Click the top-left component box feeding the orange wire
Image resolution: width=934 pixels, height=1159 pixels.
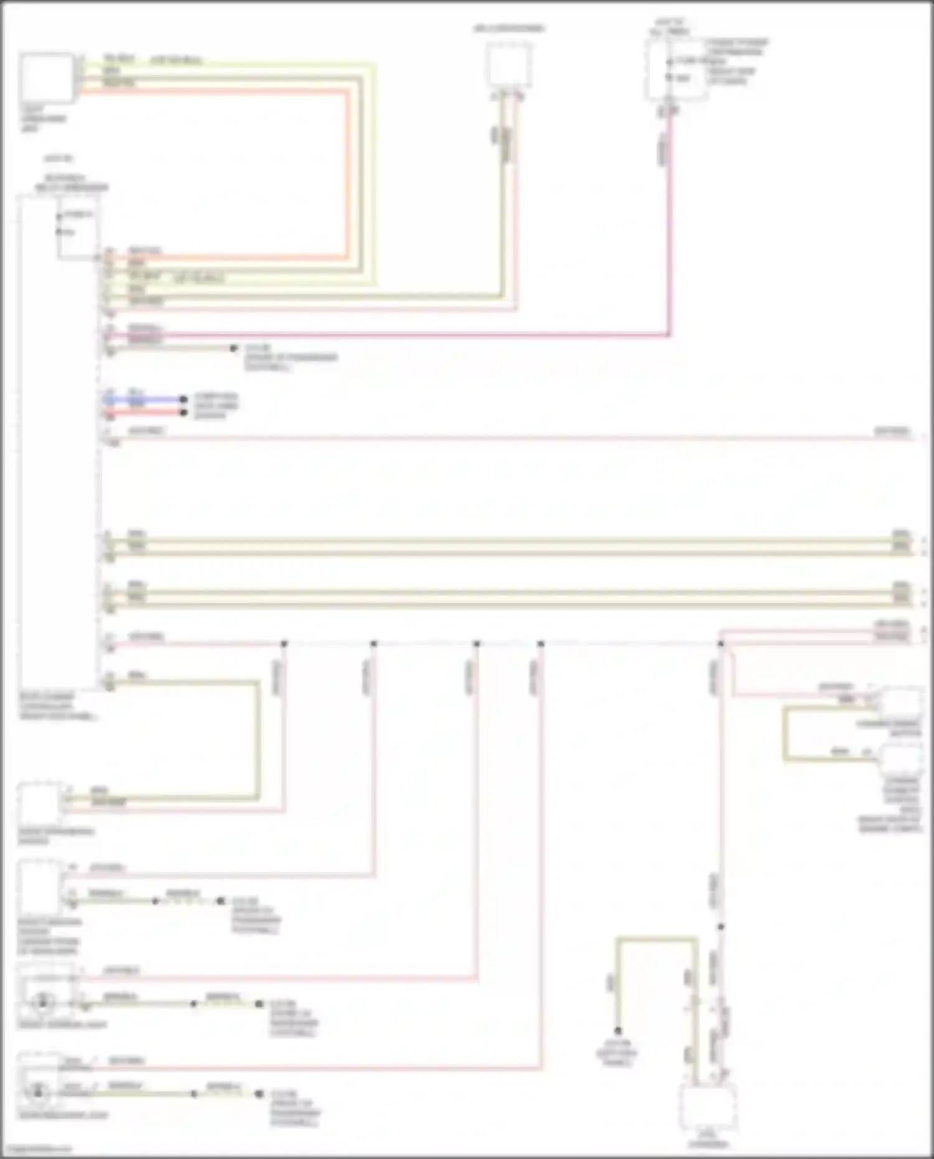click(x=47, y=78)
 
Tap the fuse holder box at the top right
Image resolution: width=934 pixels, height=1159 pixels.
click(x=677, y=69)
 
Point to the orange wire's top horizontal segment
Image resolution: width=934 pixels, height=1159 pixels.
click(x=212, y=92)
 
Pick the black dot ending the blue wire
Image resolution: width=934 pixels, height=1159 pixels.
click(x=183, y=399)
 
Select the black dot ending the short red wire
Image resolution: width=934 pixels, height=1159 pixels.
click(x=183, y=412)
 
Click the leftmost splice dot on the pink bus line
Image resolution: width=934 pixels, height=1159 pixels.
click(x=284, y=643)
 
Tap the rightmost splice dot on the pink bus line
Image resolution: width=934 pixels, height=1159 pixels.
click(x=720, y=643)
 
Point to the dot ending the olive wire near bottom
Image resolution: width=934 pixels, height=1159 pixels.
click(x=618, y=1031)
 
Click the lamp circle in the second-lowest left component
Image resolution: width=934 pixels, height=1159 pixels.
click(x=42, y=1002)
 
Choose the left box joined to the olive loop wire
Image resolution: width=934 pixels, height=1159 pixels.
click(x=40, y=803)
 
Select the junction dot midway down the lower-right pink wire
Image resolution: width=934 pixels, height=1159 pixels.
click(x=720, y=927)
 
